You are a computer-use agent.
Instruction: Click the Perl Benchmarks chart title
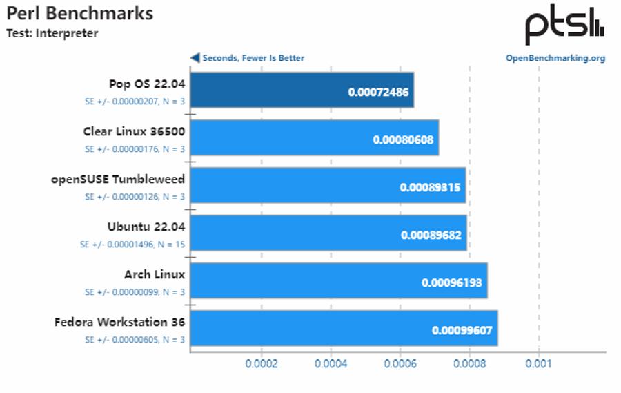coord(80,13)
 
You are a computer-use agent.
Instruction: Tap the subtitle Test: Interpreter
coord(52,32)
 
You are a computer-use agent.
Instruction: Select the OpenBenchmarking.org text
coord(555,58)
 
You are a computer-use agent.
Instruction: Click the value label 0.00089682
coord(431,235)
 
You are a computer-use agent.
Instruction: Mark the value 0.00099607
coord(462,330)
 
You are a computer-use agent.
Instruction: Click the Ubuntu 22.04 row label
coord(146,227)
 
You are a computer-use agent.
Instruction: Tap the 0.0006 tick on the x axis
coord(400,363)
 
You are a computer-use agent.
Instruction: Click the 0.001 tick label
coord(538,363)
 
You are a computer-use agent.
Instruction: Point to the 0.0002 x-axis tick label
coord(262,363)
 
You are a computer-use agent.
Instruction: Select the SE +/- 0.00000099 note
coord(135,291)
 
